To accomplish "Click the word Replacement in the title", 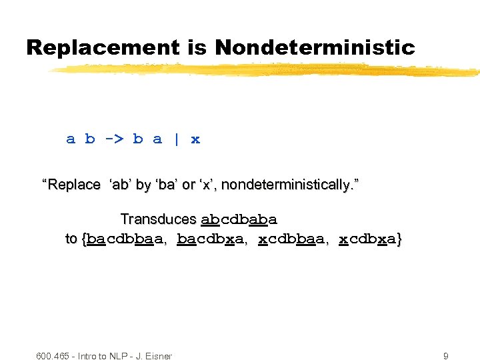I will click(x=103, y=48).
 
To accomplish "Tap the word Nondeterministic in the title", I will click(x=315, y=48).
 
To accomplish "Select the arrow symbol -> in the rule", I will click(x=113, y=139).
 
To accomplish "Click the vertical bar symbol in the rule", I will click(x=176, y=139).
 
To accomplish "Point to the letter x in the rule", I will click(x=195, y=139).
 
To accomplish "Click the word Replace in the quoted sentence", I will click(x=73, y=185).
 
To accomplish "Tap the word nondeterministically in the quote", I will click(x=287, y=185).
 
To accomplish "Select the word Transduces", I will click(x=158, y=219).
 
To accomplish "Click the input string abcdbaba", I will click(x=239, y=219).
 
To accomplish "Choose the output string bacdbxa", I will click(x=213, y=239).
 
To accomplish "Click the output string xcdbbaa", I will click(x=291, y=239).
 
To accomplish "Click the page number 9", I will click(x=445, y=356).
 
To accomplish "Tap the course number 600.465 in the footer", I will click(x=54, y=356).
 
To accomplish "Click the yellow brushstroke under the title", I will click(x=267, y=69).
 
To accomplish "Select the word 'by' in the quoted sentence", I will click(x=143, y=185).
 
